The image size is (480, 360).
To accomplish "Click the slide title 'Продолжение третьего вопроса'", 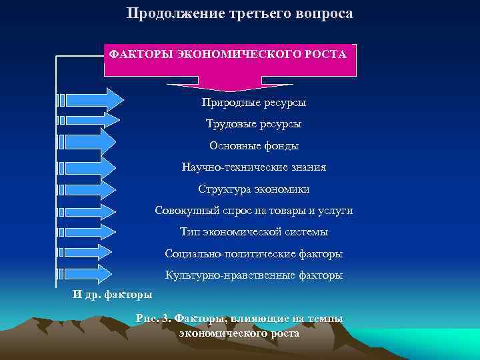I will pos(239,13).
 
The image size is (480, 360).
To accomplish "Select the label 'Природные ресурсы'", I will pos(254,103).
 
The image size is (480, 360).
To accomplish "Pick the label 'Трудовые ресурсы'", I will pos(253,124).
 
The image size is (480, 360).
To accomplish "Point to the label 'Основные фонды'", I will pos(254,145).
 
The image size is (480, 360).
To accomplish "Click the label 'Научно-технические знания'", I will pos(254,167).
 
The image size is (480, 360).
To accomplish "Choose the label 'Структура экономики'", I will pos(254,189).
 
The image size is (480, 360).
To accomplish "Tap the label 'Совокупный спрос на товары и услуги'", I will pos(254,211).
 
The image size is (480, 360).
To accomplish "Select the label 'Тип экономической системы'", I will pos(254,232).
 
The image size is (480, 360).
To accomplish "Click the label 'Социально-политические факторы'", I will pos(254,253).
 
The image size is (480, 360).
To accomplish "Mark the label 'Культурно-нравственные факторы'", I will pos(254,275).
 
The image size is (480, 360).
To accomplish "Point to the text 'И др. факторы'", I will pos(112,294).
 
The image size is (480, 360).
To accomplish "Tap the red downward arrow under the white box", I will pos(229,83).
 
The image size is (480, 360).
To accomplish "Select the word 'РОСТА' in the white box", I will pos(326,53).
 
